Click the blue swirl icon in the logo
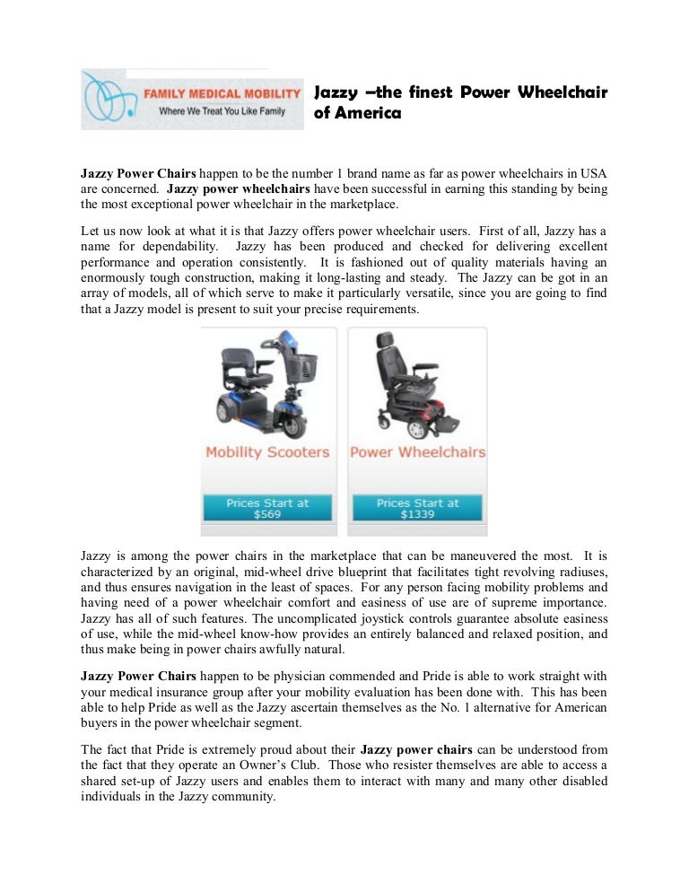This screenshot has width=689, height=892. point(107,100)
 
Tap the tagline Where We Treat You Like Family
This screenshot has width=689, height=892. point(217,112)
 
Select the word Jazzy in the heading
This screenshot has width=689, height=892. point(332,93)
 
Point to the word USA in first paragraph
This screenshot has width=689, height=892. point(593,172)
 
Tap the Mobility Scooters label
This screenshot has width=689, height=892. point(267,451)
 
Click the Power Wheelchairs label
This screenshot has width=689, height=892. point(417,451)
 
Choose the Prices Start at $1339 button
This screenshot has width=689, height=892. point(417,509)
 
